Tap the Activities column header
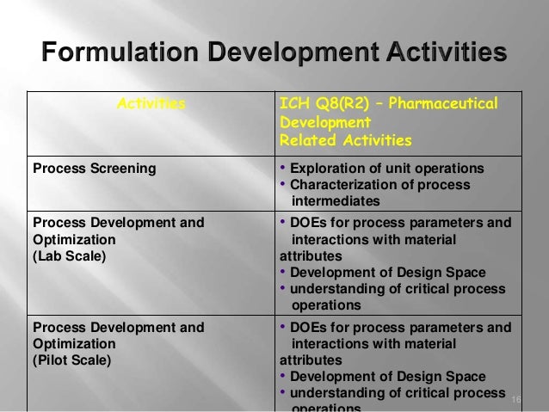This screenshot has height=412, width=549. click(151, 105)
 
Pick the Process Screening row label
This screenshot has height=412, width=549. click(94, 168)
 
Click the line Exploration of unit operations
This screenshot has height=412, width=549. click(386, 168)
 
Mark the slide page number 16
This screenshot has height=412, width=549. click(516, 401)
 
